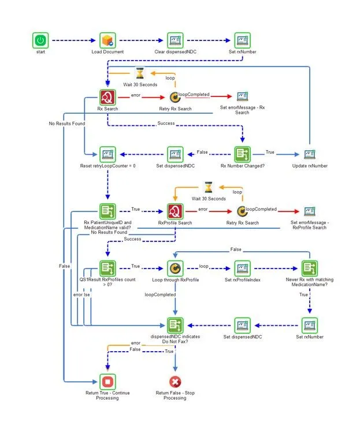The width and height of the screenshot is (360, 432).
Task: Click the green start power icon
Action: click(x=40, y=40)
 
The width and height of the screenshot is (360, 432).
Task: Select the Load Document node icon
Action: click(x=107, y=40)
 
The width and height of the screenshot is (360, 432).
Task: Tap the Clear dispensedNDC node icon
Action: click(x=175, y=40)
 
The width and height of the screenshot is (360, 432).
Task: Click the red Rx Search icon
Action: click(x=107, y=97)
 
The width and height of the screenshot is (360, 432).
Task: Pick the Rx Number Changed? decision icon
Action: click(x=243, y=154)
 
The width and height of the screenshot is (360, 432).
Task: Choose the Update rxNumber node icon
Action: click(x=310, y=154)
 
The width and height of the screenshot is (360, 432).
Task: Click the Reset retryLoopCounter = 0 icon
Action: click(x=107, y=154)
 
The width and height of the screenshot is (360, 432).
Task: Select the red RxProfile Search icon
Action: click(x=175, y=211)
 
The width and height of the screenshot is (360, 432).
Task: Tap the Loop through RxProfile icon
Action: click(x=175, y=268)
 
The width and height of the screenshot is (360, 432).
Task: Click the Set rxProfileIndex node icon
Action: click(x=243, y=268)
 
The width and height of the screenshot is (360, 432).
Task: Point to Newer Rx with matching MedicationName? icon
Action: click(x=310, y=268)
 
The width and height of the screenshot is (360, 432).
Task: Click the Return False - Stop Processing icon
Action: click(x=175, y=382)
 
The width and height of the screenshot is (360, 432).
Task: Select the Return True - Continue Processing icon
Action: click(x=107, y=382)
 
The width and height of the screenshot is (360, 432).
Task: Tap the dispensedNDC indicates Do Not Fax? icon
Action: click(x=175, y=325)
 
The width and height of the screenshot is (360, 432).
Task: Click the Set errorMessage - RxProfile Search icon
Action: click(x=310, y=211)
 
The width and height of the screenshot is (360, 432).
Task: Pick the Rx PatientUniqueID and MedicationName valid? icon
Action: click(x=107, y=211)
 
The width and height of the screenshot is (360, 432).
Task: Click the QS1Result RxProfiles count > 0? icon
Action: click(x=107, y=268)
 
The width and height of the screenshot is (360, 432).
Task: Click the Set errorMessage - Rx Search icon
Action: click(x=243, y=97)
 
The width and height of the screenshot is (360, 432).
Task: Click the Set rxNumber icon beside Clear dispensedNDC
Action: click(x=243, y=40)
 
